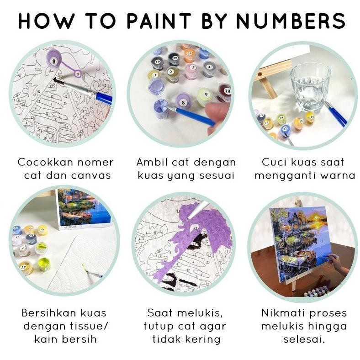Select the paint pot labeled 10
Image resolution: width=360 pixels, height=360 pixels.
[224, 91]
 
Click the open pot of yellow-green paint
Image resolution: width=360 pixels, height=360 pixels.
[43, 264]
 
